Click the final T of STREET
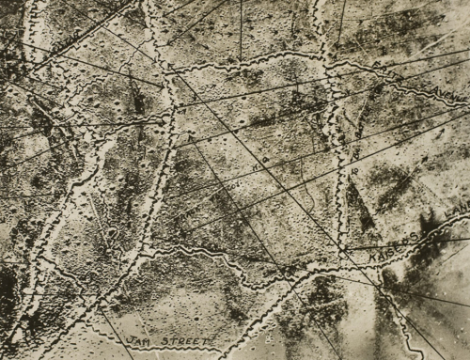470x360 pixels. coord(212,330)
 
